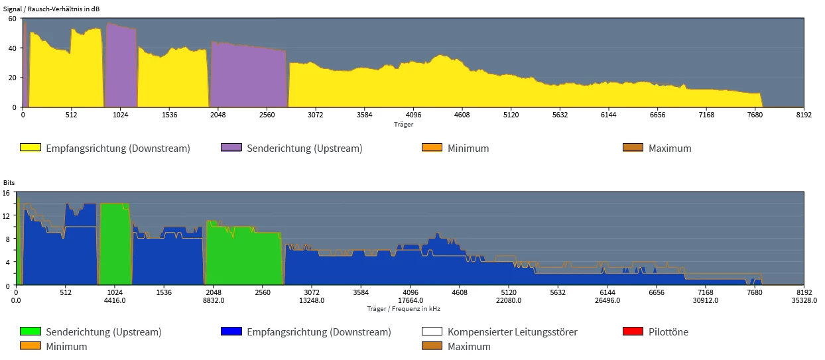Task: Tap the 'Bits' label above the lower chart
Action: (9, 182)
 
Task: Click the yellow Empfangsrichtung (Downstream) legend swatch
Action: (31, 148)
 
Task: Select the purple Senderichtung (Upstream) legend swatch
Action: (231, 148)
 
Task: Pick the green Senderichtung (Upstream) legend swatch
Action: (31, 331)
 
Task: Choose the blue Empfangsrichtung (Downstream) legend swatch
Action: (231, 331)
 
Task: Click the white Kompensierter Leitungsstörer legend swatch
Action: (432, 331)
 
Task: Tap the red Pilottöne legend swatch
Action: (633, 331)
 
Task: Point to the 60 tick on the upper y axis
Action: (12, 19)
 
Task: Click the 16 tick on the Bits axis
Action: (7, 193)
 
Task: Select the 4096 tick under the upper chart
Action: (412, 115)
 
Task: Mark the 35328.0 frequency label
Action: (804, 300)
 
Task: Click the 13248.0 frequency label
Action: (312, 300)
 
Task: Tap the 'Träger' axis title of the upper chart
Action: (403, 124)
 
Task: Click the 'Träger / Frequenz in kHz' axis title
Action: (403, 308)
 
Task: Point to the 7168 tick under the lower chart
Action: (706, 292)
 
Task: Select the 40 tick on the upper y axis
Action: (12, 48)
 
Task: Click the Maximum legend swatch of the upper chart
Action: (633, 148)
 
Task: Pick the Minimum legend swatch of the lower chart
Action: (31, 346)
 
